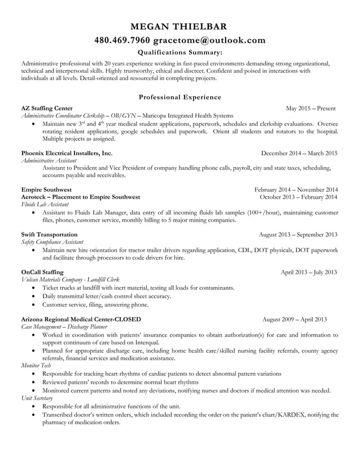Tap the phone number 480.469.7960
(122, 40)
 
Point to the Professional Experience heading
(179, 97)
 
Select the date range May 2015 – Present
(311, 108)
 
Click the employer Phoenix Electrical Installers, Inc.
(67, 153)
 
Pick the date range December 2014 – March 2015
(299, 153)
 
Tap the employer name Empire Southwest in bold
(46, 190)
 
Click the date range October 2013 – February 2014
(299, 197)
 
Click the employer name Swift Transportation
(49, 234)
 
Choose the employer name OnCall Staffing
(42, 272)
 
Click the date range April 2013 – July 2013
(309, 272)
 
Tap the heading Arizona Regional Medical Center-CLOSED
(81, 319)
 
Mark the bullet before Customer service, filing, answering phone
(36, 305)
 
